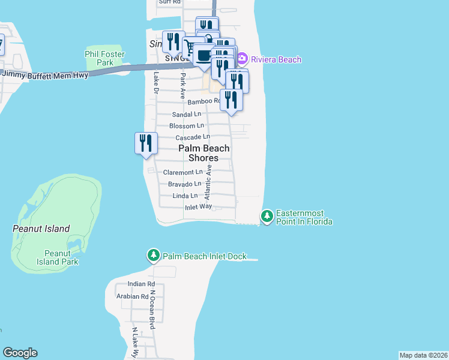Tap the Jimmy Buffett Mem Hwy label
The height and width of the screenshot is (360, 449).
46,74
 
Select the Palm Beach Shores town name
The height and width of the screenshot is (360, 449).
203,153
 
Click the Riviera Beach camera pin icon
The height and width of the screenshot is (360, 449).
242,59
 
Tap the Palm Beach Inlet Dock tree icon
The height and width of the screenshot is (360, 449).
154,256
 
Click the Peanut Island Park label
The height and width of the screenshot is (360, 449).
60,257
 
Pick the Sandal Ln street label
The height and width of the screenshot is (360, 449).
187,114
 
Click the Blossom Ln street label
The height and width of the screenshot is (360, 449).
187,126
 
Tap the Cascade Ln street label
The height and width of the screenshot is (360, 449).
192,137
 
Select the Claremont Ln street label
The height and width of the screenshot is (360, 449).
182,172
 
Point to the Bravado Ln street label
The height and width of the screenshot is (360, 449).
184,184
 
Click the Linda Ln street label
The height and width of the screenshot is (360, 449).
185,196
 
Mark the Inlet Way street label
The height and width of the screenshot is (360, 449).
198,206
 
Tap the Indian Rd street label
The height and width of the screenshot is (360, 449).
141,284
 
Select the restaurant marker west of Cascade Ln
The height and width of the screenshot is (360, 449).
146,144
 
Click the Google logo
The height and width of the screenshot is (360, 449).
20,353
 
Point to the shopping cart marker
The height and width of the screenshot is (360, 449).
192,47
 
